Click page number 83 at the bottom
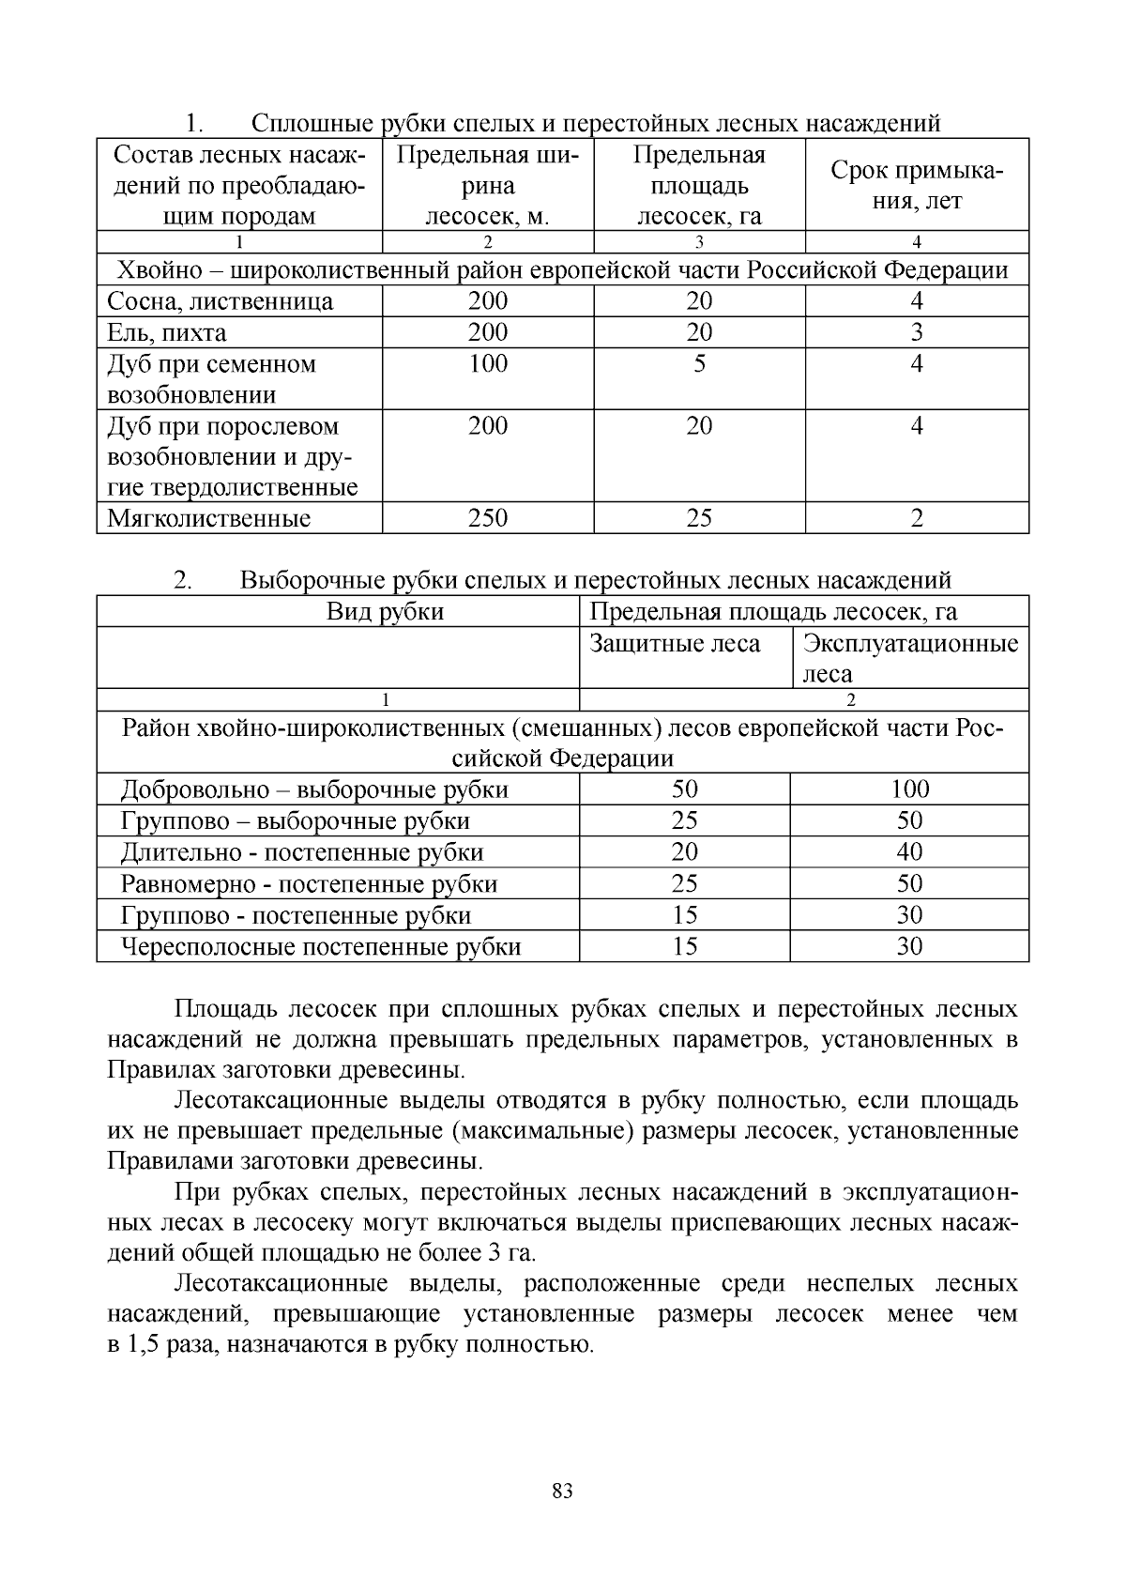point(563,1492)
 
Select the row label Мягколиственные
point(209,519)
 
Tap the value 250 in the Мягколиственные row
point(488,518)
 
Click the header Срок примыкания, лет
point(917,186)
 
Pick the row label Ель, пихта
point(167,333)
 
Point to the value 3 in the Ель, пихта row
point(917,332)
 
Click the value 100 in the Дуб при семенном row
point(488,364)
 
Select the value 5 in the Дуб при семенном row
point(699,364)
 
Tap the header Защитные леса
point(675,644)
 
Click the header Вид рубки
point(385,612)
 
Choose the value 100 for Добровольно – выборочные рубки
point(909,789)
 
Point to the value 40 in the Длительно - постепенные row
point(909,852)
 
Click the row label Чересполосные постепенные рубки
point(321,947)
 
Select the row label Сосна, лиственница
point(221,301)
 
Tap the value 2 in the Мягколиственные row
point(917,518)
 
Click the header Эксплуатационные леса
point(909,658)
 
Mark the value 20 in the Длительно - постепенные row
point(685,852)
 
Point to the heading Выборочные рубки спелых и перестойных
point(595,580)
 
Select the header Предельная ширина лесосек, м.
point(488,186)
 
